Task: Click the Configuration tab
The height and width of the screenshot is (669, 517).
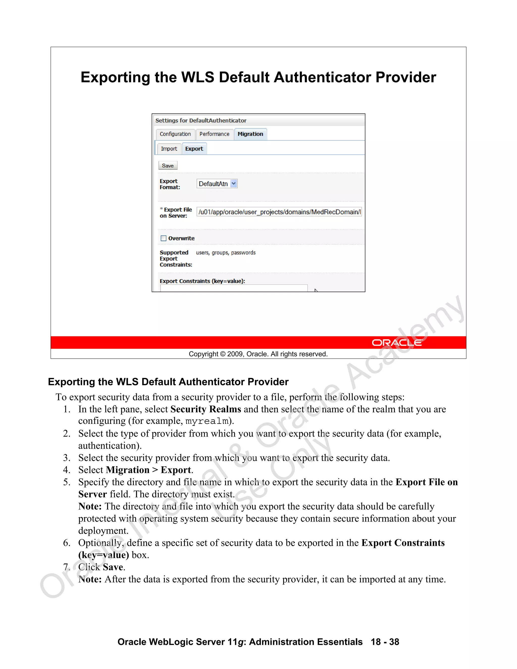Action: tap(175, 134)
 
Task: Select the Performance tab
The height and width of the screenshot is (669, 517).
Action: tap(214, 134)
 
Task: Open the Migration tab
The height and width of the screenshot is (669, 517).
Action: tap(250, 134)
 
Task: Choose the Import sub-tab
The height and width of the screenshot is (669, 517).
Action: tap(169, 149)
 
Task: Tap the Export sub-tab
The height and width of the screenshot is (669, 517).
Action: tap(194, 149)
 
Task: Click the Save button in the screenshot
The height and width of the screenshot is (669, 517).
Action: tap(168, 166)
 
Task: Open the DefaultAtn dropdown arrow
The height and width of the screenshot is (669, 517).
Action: tap(234, 184)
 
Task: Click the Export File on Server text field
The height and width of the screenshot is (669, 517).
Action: tap(279, 212)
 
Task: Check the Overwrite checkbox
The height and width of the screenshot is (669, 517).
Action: tap(164, 238)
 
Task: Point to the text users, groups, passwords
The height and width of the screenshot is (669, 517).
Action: tap(226, 253)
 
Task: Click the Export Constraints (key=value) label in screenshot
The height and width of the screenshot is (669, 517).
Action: tap(202, 281)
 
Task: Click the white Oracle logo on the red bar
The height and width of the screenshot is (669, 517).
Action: tap(397, 343)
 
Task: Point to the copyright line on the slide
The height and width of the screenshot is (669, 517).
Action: tap(258, 354)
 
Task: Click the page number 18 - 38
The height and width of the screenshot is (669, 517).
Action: tap(385, 642)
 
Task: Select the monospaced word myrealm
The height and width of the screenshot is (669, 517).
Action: tap(207, 422)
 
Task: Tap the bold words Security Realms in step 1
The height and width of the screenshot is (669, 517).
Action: tap(206, 409)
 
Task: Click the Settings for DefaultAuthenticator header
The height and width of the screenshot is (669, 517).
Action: tap(201, 120)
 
